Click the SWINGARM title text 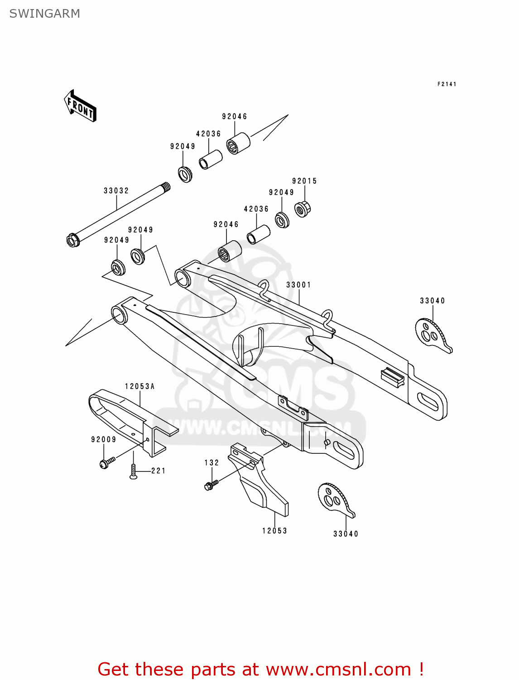44,14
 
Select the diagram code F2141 447,84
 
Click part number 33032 116,191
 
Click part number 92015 304,181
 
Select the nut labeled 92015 302,209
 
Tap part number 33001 298,285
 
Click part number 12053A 140,386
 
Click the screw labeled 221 133,472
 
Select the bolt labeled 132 210,485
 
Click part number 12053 274,530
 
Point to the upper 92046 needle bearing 238,143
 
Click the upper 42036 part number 208,134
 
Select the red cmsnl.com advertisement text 260,669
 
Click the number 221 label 159,471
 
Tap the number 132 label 211,463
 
